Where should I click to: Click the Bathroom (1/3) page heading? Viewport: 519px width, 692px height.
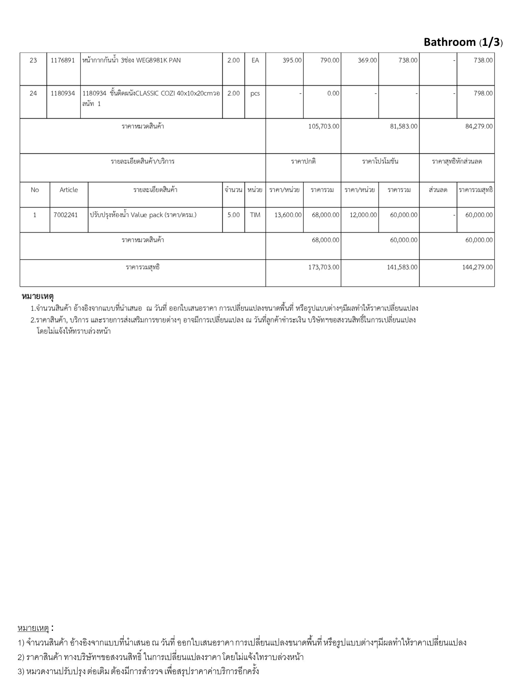[463, 42]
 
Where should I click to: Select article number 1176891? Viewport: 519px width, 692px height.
[63, 60]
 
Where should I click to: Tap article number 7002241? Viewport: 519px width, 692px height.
[66, 215]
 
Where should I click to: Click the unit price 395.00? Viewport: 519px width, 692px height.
[292, 60]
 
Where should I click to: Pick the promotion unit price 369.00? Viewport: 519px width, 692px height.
[367, 60]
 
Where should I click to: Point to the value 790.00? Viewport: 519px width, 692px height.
[330, 60]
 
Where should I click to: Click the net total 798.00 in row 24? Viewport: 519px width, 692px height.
[483, 93]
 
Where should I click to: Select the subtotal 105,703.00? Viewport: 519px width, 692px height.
[324, 126]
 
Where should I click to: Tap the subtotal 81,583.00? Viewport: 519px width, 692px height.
[403, 126]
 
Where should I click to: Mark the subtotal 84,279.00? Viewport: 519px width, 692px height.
[479, 126]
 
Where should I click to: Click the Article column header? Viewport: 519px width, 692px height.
[69, 190]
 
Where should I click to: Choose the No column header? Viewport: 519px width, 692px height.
[35, 190]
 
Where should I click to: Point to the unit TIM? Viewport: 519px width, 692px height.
[255, 215]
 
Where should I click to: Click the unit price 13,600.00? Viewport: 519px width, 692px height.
[288, 215]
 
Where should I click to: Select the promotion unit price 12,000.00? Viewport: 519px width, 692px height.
[363, 215]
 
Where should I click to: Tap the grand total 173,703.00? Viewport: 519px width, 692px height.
[324, 267]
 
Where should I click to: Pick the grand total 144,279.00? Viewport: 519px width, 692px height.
[477, 267]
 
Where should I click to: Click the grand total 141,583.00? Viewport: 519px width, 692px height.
[402, 267]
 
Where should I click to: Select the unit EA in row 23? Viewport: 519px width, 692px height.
[255, 60]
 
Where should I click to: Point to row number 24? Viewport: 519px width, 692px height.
[33, 93]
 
